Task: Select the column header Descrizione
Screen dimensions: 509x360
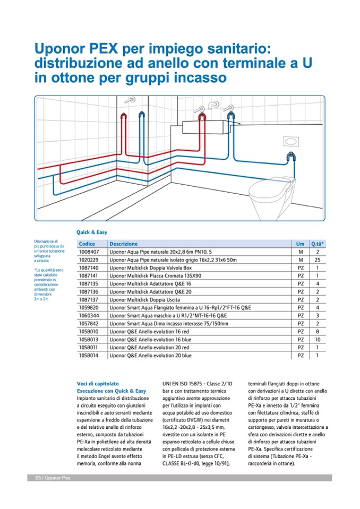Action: click(x=123, y=244)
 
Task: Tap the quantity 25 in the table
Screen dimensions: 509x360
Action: click(x=318, y=260)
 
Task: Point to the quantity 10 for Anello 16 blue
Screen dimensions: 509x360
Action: click(x=318, y=339)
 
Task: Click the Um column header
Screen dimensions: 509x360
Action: click(x=301, y=244)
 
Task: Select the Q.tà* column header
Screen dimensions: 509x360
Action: click(x=318, y=244)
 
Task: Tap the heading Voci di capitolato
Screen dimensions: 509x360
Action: click(x=98, y=383)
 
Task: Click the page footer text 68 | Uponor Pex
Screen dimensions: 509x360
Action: click(x=49, y=478)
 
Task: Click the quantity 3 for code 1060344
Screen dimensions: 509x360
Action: click(x=318, y=315)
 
